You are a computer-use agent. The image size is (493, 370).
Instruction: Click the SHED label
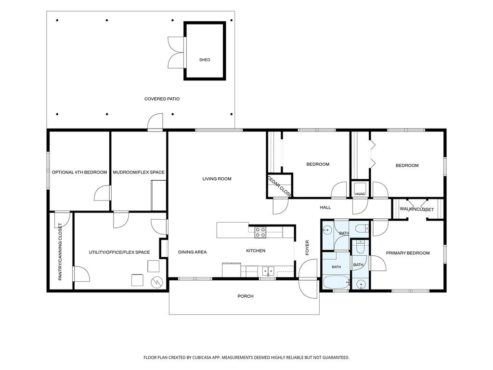click(x=205, y=60)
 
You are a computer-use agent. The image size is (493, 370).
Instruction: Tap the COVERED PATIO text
click(x=162, y=99)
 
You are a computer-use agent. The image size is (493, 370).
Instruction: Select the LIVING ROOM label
click(x=217, y=179)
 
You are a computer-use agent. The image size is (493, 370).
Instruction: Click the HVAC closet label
click(x=360, y=194)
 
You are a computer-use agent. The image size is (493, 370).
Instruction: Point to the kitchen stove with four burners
click(x=260, y=232)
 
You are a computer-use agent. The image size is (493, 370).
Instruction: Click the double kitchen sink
click(x=268, y=271)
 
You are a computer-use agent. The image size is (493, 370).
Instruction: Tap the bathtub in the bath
click(x=336, y=282)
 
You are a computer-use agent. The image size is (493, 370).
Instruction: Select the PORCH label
click(x=246, y=296)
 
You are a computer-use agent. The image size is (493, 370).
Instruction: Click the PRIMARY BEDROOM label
click(x=408, y=253)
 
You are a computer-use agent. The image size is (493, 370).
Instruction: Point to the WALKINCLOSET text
click(x=416, y=209)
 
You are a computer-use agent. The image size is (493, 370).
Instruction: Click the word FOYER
click(x=307, y=248)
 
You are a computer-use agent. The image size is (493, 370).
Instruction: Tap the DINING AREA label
click(x=193, y=252)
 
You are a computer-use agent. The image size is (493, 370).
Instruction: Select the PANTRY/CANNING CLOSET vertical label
click(x=60, y=251)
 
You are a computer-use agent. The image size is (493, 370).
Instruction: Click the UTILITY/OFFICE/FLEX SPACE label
click(x=119, y=252)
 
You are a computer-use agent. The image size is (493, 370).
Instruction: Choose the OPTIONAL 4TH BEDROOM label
click(x=79, y=172)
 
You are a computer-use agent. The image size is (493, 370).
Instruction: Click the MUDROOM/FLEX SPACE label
click(x=139, y=172)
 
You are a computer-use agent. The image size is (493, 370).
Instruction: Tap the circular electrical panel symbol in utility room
click(x=156, y=282)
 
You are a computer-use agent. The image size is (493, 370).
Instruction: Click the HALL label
click(x=325, y=207)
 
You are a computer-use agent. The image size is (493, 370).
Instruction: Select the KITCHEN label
click(x=256, y=251)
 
